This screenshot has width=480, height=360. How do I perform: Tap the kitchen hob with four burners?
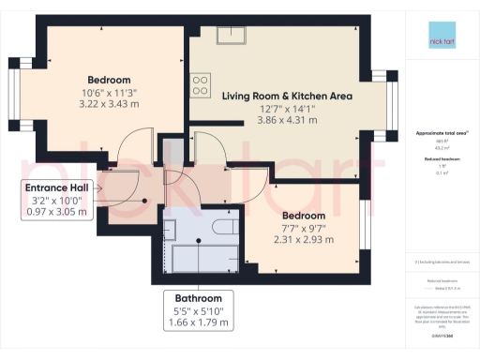tap(201, 86)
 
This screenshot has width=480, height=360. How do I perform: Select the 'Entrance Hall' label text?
tap(56, 187)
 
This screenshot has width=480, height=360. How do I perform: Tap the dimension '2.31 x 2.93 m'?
tap(300, 238)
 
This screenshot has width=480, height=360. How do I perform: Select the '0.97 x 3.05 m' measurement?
tap(56, 211)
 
